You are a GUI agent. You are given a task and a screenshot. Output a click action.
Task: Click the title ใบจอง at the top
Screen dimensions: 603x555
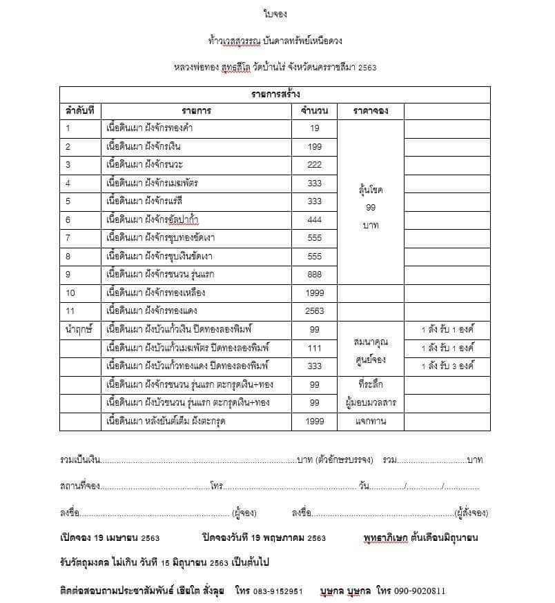coord(275,13)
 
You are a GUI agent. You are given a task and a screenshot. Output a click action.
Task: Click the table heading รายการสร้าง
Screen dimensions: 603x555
coord(275,94)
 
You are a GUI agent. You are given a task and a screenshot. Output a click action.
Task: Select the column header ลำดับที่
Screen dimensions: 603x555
coord(79,110)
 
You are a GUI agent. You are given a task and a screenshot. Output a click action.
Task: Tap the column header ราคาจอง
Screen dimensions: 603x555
coord(369,110)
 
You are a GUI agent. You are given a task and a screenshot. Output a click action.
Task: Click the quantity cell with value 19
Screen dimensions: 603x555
coord(314,128)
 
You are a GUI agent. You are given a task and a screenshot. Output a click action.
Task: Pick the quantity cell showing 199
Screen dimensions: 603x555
coord(314,146)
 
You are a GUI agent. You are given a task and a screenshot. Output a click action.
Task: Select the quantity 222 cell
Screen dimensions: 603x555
coord(314,164)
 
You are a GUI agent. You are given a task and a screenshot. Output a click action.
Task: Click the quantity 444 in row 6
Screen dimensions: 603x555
coord(314,219)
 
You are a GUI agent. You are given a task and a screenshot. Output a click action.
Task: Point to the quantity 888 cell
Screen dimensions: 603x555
coord(314,273)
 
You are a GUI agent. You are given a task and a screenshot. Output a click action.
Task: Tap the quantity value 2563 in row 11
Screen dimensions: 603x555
coord(314,310)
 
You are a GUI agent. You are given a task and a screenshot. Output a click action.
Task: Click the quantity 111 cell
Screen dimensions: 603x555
coord(314,347)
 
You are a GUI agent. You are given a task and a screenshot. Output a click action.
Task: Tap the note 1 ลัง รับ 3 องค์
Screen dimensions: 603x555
coord(447,366)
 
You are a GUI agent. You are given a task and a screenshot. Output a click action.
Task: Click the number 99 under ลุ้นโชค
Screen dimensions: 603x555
coord(370,207)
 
